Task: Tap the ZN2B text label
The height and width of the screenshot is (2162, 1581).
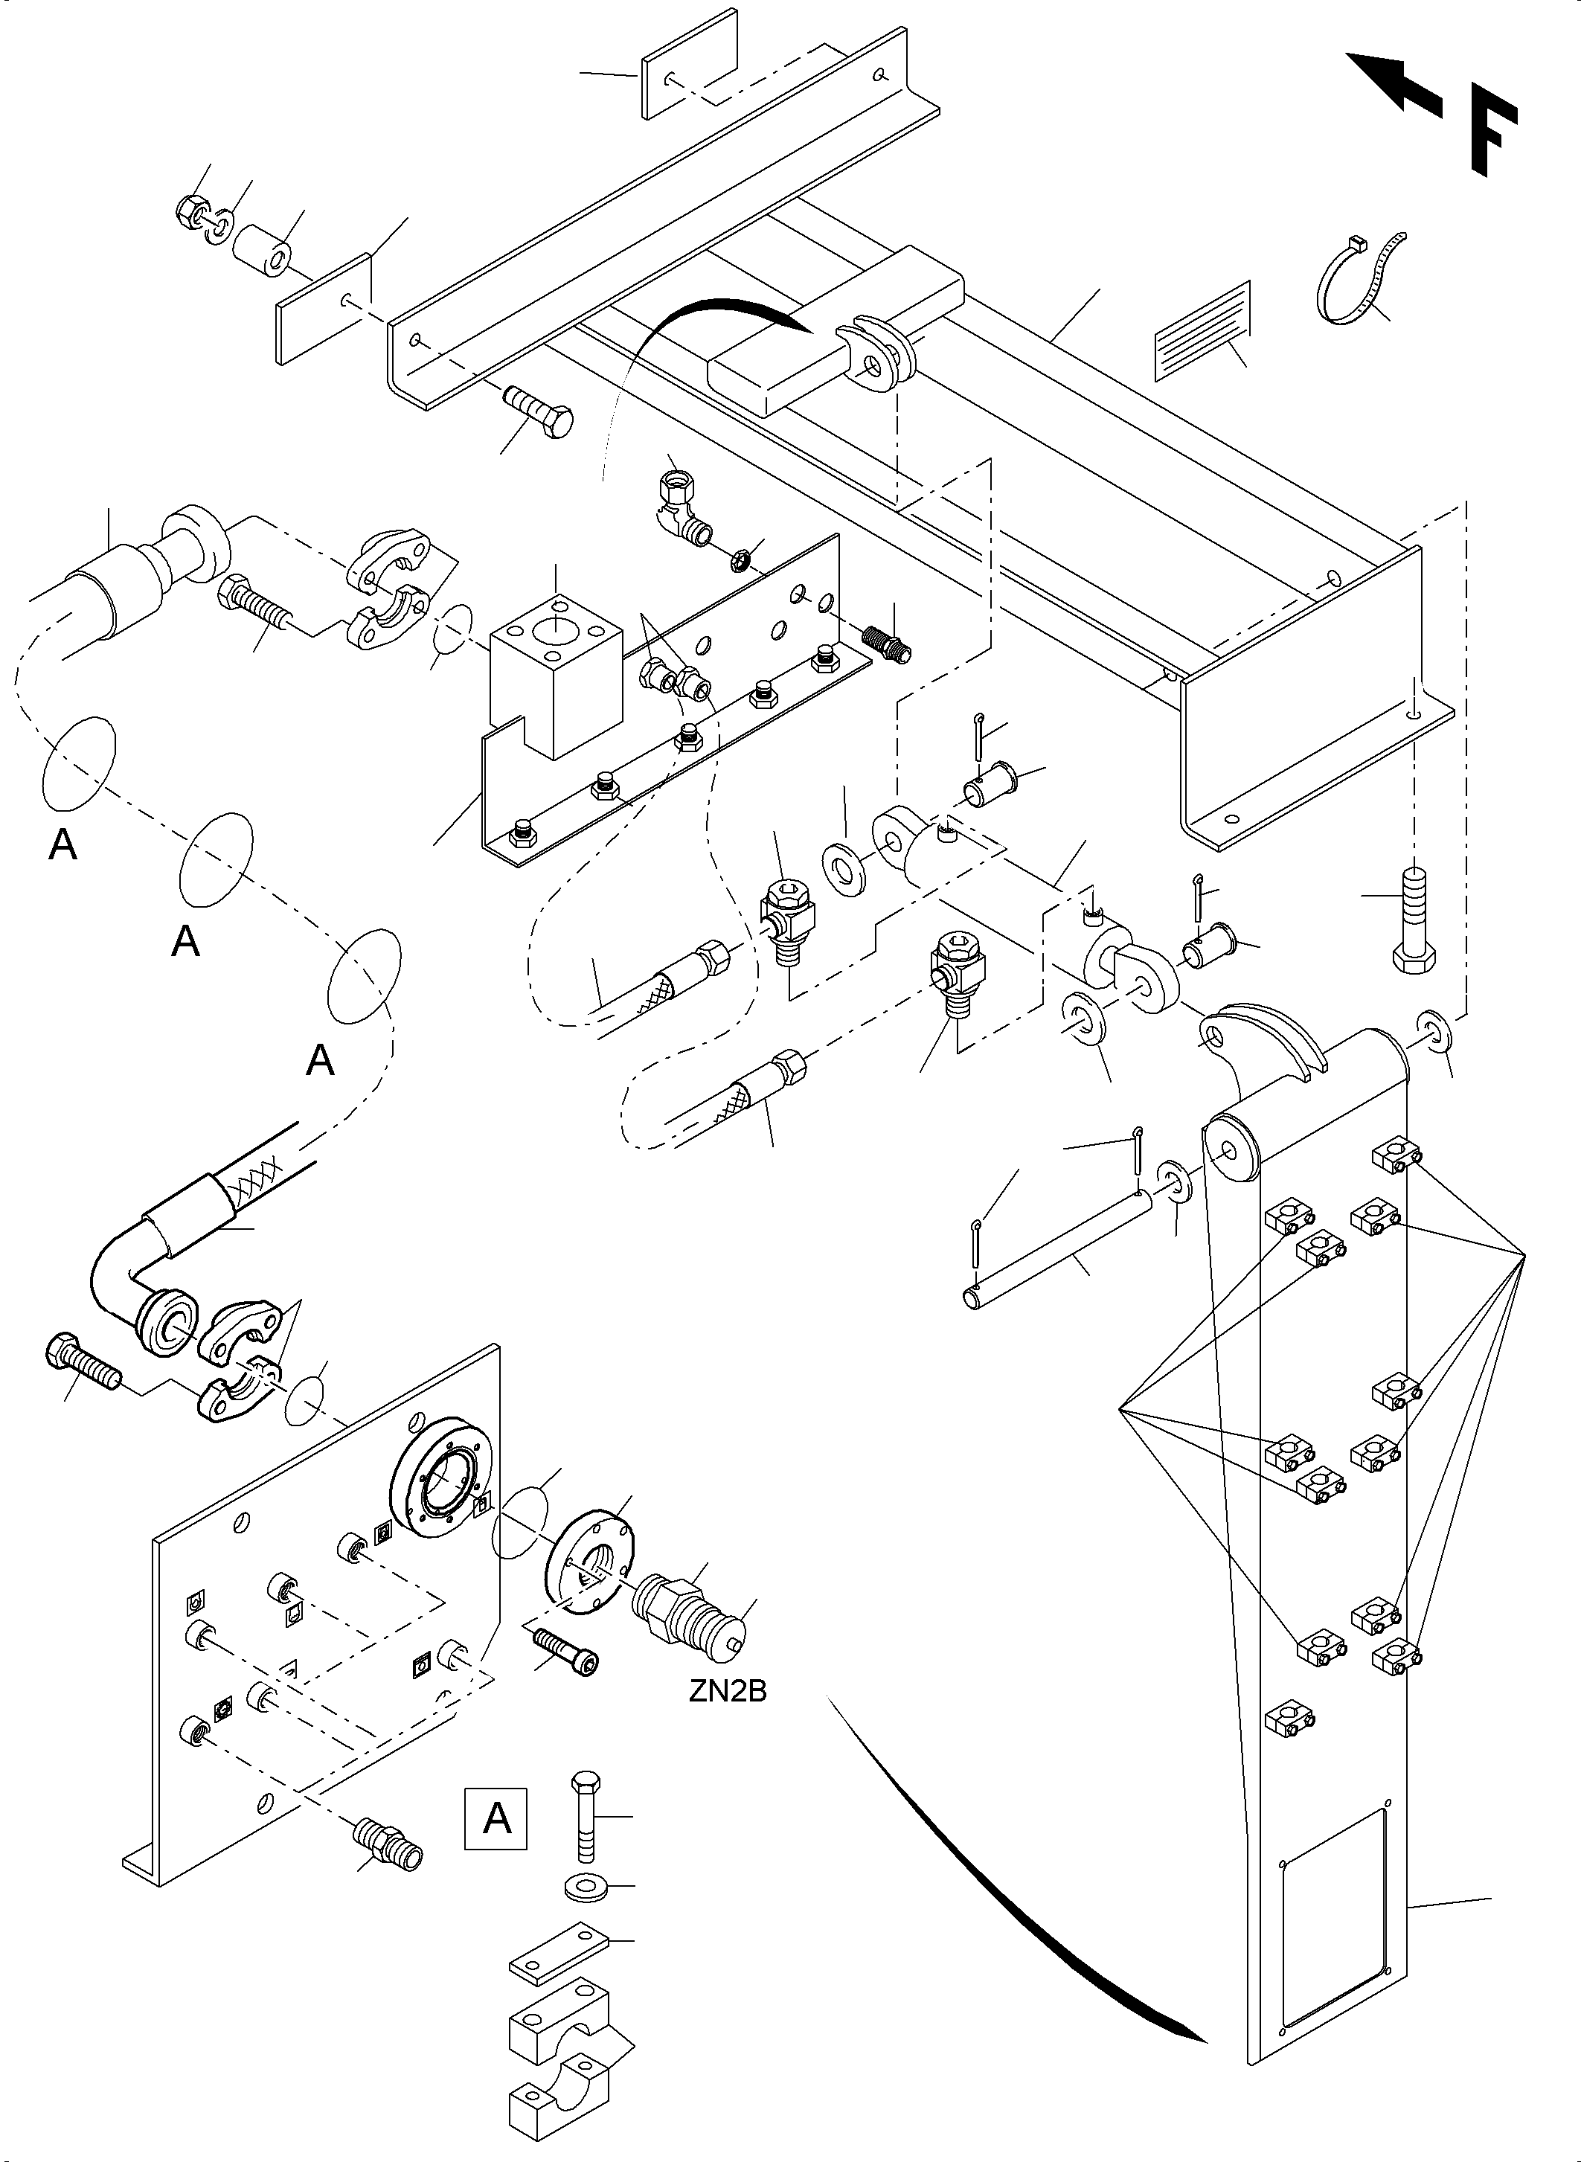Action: coord(728,1691)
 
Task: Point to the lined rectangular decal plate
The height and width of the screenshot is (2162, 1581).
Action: coord(1203,331)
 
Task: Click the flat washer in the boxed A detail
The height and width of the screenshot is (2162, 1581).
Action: coord(583,1887)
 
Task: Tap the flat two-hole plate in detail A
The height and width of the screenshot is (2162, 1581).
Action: coord(559,1948)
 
